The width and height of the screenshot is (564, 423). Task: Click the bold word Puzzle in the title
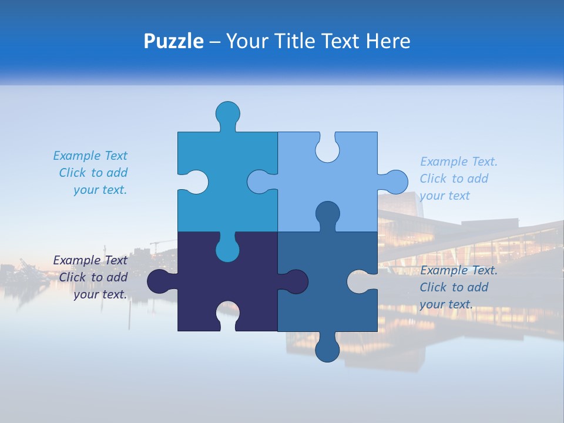coord(173,41)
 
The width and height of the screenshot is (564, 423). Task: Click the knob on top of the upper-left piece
coord(228,113)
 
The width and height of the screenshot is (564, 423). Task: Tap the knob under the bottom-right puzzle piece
coord(327,350)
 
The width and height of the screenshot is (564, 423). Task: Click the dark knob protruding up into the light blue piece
coord(327,214)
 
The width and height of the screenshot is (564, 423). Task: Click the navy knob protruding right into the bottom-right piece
coord(296,281)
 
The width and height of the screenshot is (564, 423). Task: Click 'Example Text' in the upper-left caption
coord(90,156)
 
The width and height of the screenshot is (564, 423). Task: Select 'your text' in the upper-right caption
coord(445,196)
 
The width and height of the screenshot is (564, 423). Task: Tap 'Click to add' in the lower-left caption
coord(93,277)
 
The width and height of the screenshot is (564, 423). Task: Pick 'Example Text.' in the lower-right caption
coord(459,270)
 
